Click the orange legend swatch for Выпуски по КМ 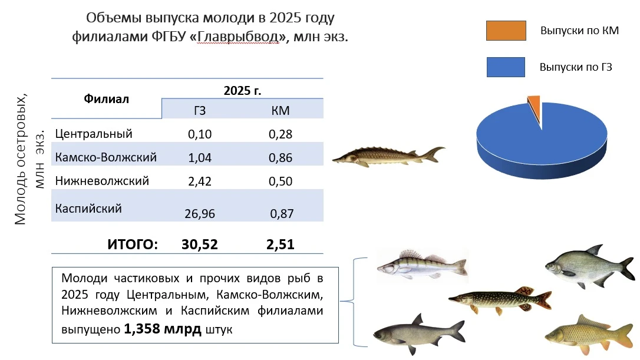tap(506, 31)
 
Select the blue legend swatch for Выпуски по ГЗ tap(506, 67)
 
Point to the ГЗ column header tap(200, 110)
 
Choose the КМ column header tap(280, 110)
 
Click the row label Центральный tap(93, 134)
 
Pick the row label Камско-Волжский tap(105, 157)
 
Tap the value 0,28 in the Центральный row tap(281, 134)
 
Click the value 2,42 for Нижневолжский tap(200, 181)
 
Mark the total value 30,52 tap(200, 244)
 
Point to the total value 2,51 tap(281, 244)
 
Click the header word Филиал tap(106, 98)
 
